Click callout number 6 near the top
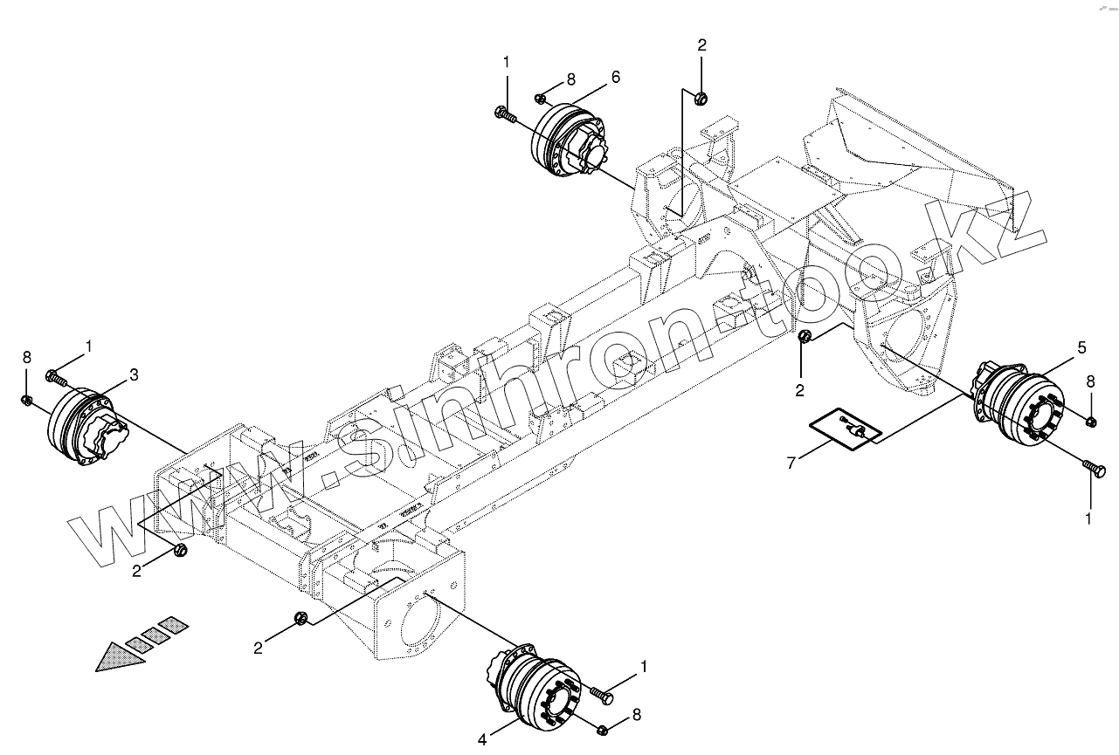[x=616, y=77]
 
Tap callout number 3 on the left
[x=134, y=374]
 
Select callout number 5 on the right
[x=1081, y=348]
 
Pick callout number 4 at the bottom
[x=482, y=740]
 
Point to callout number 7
[x=791, y=463]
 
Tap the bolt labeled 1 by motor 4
[x=602, y=695]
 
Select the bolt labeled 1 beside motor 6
[x=505, y=113]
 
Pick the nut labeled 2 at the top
[x=701, y=99]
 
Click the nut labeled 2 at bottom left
[x=182, y=549]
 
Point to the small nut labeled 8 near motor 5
[x=1091, y=422]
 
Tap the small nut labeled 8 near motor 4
[x=603, y=730]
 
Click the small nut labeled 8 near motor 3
[x=27, y=400]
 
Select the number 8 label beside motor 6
[x=571, y=79]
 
